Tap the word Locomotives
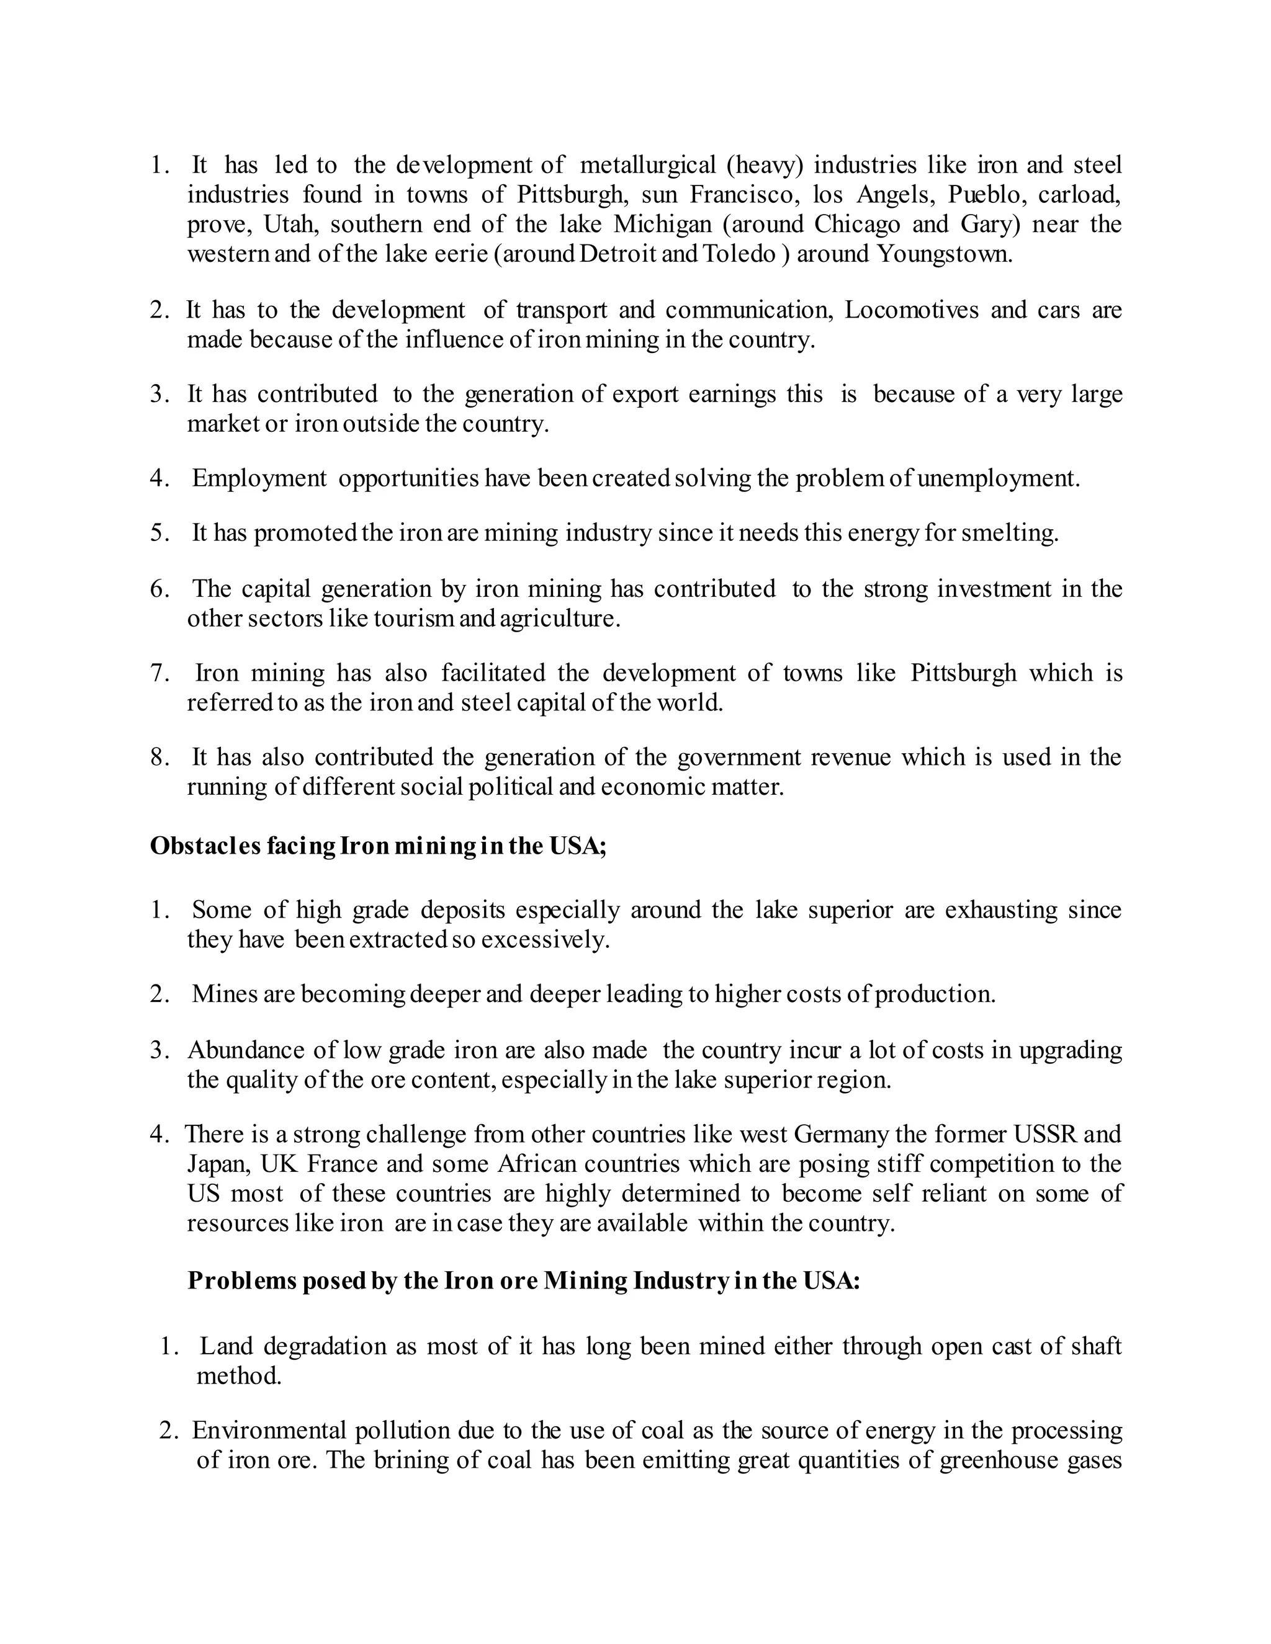[911, 310]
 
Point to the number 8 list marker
[159, 757]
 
